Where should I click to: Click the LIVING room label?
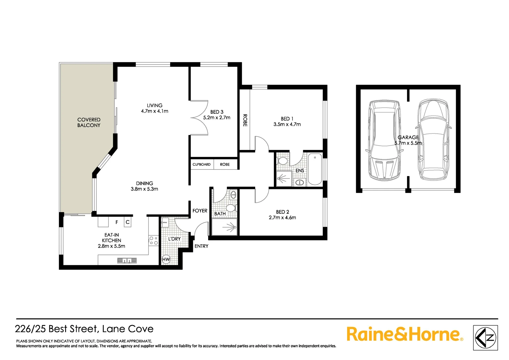(155, 105)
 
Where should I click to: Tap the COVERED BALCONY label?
(89, 122)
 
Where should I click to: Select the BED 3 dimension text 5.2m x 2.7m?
(217, 118)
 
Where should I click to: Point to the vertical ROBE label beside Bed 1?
(245, 120)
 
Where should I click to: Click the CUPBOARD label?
(202, 164)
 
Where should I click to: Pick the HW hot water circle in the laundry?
(166, 259)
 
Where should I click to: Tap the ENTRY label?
(201, 246)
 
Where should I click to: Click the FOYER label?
(200, 211)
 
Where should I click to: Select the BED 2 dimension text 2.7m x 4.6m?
(282, 218)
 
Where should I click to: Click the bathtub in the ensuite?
(315, 169)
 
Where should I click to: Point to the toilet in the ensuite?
(282, 161)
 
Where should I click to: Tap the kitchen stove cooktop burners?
(154, 241)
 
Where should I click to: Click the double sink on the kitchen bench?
(127, 260)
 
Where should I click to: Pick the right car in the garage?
(433, 140)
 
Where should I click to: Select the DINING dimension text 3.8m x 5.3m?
(144, 189)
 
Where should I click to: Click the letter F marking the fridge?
(117, 222)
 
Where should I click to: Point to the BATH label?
(220, 214)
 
